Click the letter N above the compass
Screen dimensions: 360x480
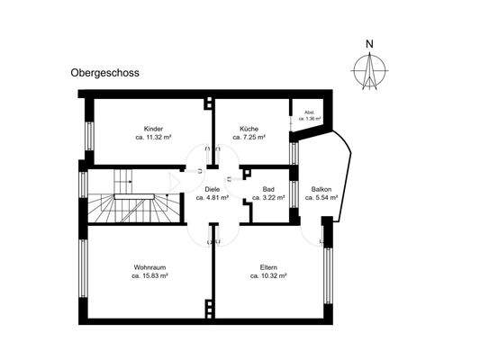pyautogui.click(x=369, y=42)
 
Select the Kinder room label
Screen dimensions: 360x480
pyautogui.click(x=152, y=129)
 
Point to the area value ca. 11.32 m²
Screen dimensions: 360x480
pyautogui.click(x=152, y=138)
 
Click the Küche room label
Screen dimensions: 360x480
pyautogui.click(x=249, y=129)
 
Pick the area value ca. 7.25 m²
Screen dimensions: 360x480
pyautogui.click(x=249, y=138)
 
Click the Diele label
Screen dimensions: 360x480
pyautogui.click(x=213, y=189)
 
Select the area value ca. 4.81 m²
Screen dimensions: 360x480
pyautogui.click(x=213, y=198)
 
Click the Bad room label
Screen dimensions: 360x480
pyautogui.click(x=268, y=189)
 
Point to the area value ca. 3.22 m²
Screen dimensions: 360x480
pyautogui.click(x=268, y=198)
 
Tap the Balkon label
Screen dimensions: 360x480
pyautogui.click(x=321, y=189)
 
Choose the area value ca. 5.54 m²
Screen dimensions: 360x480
pyautogui.click(x=321, y=198)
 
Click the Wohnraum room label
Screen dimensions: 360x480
pyautogui.click(x=151, y=267)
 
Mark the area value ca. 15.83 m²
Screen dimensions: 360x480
pyautogui.click(x=151, y=276)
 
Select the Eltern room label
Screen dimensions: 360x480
pyautogui.click(x=268, y=267)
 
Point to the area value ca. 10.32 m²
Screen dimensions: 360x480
pyautogui.click(x=268, y=276)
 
